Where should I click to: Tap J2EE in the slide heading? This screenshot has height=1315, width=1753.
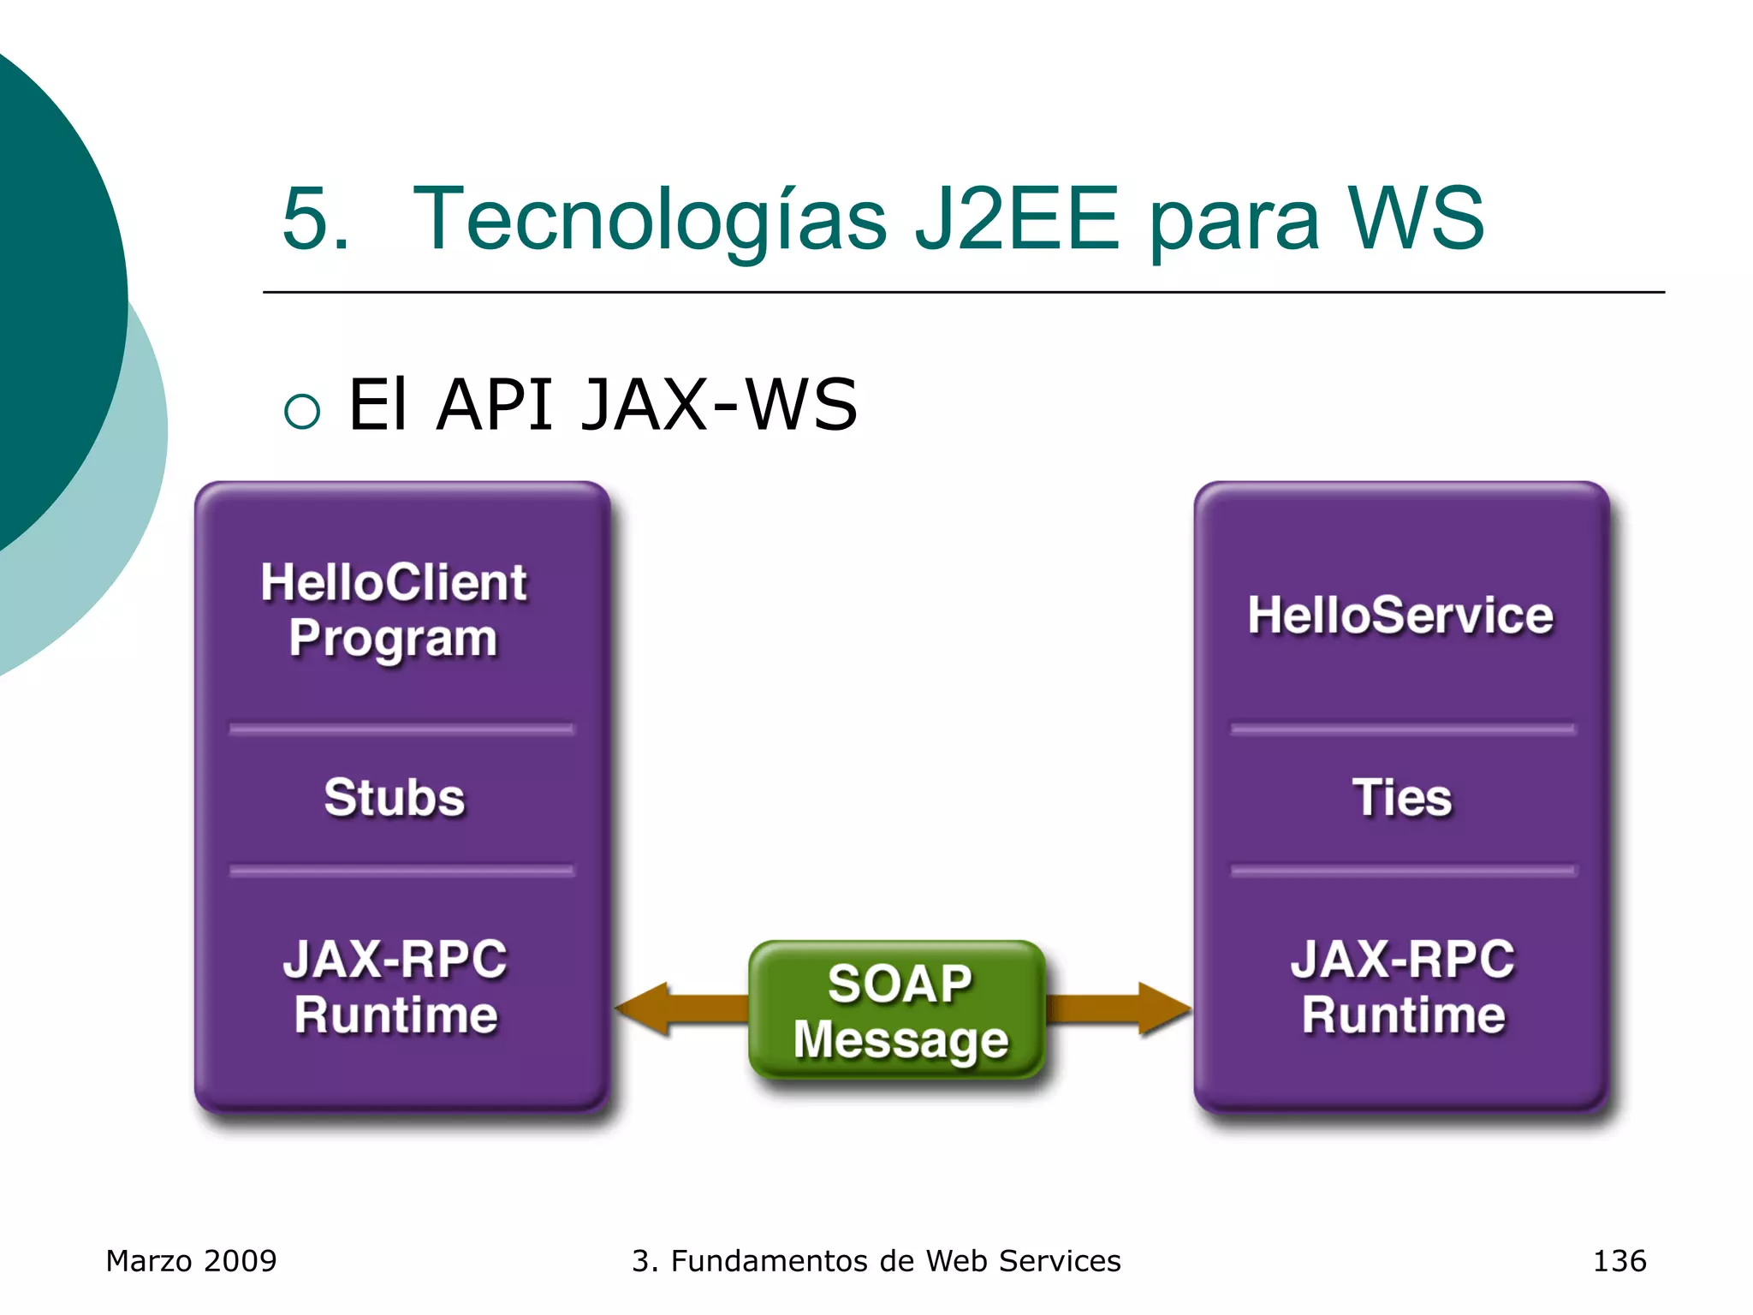coord(1016,220)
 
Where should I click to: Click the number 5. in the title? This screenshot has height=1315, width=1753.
coord(315,220)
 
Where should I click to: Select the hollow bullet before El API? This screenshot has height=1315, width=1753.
coord(302,411)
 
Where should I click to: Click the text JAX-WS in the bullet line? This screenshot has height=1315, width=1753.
coord(719,405)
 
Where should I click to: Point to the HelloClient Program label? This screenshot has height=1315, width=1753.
coord(394,610)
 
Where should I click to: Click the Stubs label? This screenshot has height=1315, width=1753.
coord(395,798)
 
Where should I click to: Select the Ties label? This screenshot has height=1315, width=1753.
coord(1402,798)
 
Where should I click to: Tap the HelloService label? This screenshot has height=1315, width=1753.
coord(1400,615)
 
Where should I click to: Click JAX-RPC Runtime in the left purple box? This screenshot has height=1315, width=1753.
coord(395,986)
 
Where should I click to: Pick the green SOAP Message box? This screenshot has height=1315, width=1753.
coord(899,1010)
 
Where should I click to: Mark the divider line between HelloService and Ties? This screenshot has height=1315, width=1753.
coord(1402,729)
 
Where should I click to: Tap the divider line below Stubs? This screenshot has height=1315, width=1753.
coord(401,871)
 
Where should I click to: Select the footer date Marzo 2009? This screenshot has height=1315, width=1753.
coord(191,1261)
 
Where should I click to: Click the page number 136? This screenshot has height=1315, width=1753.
coord(1619,1261)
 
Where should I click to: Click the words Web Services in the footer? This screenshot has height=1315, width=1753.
coord(1023,1261)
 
